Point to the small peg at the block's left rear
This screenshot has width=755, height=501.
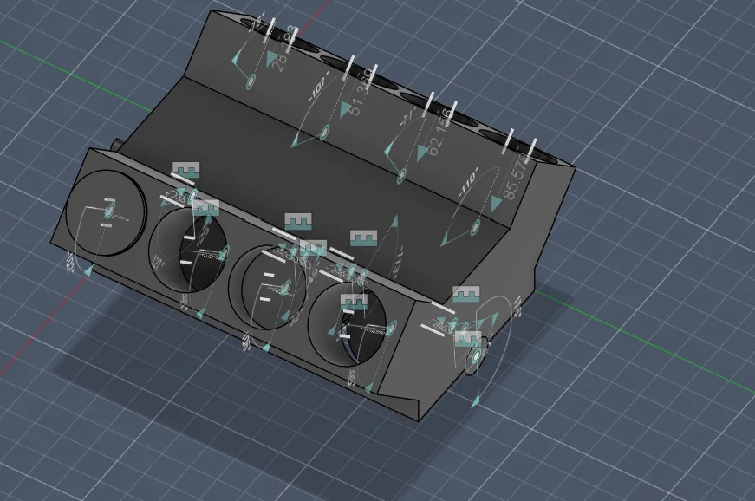115,142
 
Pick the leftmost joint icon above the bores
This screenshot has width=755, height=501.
186,170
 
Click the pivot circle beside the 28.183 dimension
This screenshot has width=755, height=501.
251,81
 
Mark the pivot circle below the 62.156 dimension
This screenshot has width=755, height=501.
401,176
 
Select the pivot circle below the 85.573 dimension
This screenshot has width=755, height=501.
474,229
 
